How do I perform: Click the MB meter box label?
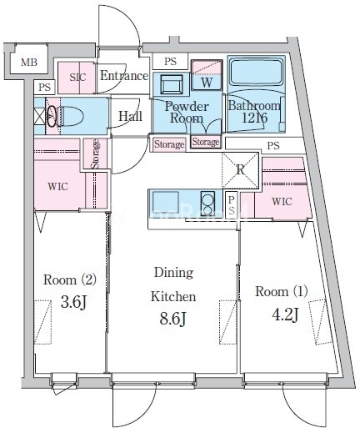(x=29, y=63)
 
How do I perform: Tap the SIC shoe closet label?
(x=77, y=78)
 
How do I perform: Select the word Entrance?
(x=124, y=76)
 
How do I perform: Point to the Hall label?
(x=131, y=116)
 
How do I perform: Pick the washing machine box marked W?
(x=207, y=75)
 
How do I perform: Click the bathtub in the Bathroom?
(x=255, y=72)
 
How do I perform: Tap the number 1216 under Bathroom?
(x=255, y=118)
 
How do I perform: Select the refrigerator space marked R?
(x=240, y=170)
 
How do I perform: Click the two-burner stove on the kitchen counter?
(x=207, y=204)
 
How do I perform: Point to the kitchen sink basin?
(x=166, y=202)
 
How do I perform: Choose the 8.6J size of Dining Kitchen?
(x=172, y=319)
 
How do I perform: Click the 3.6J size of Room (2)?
(x=74, y=302)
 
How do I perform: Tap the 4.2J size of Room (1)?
(x=286, y=315)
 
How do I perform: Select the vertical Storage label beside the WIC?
(x=96, y=154)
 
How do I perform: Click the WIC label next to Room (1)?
(x=282, y=201)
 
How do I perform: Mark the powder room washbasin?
(x=172, y=83)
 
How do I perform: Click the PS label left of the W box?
(x=170, y=61)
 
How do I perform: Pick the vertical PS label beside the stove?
(x=232, y=204)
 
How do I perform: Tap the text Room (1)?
(x=282, y=291)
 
